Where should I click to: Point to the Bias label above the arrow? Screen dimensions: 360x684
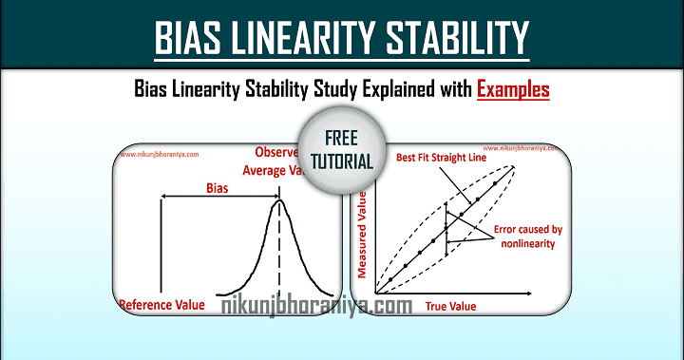coord(218,187)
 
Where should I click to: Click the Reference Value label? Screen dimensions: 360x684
coord(161,305)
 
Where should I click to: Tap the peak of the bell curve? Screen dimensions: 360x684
coord(279,200)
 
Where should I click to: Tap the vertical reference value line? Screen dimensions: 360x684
coord(163,247)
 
